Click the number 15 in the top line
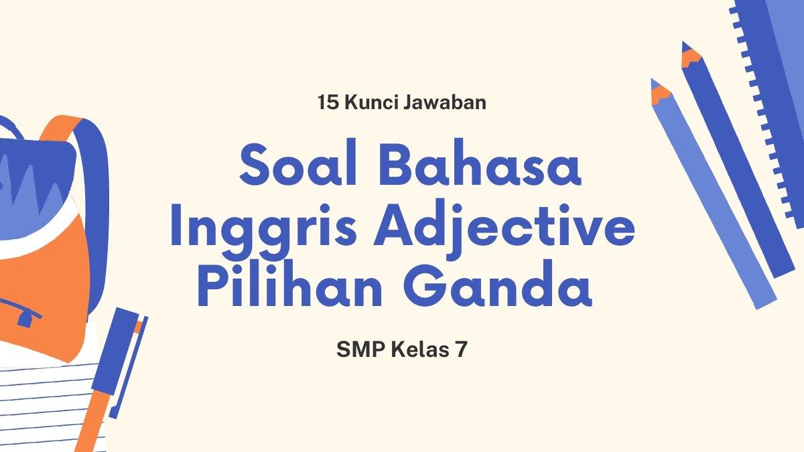point(326,103)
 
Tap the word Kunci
point(367,103)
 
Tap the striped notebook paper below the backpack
point(40,402)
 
